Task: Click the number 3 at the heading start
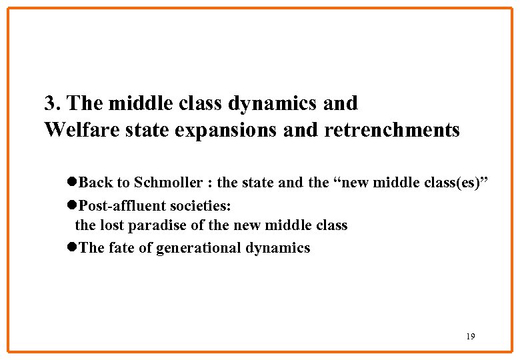pyautogui.click(x=50, y=104)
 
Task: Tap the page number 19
pyautogui.click(x=471, y=337)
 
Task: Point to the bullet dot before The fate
pyautogui.click(x=73, y=248)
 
